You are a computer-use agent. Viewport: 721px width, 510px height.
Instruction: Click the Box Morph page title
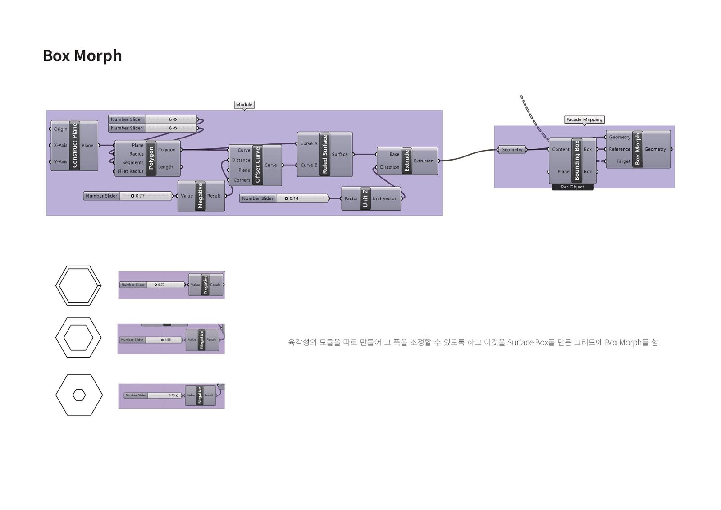82,56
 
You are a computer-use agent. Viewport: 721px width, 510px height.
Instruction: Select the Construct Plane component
75,145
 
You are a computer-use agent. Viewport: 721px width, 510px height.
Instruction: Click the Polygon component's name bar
151,158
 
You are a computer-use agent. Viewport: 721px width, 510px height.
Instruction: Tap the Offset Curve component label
258,165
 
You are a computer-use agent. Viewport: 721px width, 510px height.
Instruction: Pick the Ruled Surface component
325,154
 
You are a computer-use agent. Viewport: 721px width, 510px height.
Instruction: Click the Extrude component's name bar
406,161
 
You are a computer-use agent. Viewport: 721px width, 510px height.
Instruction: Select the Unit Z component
365,198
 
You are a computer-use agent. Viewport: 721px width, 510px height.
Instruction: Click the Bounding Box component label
577,161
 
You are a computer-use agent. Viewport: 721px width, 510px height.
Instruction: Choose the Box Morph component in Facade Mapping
637,149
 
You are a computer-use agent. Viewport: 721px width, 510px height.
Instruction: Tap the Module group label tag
244,105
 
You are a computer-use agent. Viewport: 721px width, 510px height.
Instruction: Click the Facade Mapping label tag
584,119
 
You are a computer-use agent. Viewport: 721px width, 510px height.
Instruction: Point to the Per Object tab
572,187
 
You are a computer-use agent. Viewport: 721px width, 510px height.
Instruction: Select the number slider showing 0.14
284,198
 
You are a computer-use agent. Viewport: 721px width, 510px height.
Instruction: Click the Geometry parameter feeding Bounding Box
512,150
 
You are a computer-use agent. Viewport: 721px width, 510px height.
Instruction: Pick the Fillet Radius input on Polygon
130,171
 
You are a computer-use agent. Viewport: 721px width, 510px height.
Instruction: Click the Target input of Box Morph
623,161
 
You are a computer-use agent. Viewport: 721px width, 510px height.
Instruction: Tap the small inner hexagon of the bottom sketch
79,395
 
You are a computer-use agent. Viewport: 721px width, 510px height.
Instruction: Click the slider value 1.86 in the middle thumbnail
168,340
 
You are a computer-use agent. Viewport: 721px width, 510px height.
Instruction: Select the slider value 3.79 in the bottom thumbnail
172,395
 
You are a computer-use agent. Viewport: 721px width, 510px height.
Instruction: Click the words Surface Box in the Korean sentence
527,343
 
